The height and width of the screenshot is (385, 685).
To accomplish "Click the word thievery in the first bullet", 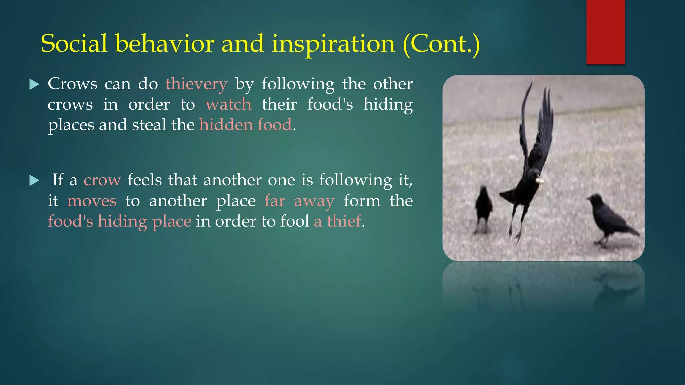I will click(x=196, y=84).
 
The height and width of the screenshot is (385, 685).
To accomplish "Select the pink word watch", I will click(x=228, y=104).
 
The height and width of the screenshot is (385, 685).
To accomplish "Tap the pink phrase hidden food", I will click(x=246, y=125).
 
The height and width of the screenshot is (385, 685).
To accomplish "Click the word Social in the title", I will click(x=74, y=44).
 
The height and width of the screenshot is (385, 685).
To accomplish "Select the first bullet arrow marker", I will click(x=34, y=84).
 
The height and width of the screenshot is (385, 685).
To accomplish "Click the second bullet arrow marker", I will click(x=34, y=181).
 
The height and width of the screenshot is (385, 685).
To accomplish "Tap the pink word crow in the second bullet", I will click(x=102, y=180).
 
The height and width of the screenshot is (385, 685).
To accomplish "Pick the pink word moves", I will click(x=92, y=201).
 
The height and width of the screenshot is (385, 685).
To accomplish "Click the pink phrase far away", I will click(x=299, y=201).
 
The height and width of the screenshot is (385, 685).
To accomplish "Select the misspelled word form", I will click(x=362, y=201).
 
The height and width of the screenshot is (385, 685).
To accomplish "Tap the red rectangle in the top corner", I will click(x=605, y=32).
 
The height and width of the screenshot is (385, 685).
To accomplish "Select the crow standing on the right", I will click(x=607, y=217).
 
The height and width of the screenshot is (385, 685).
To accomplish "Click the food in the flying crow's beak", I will click(x=540, y=181).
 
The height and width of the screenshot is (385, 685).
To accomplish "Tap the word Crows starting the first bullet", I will click(x=72, y=84).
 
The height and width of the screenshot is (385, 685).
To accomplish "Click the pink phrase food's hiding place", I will click(x=119, y=221).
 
